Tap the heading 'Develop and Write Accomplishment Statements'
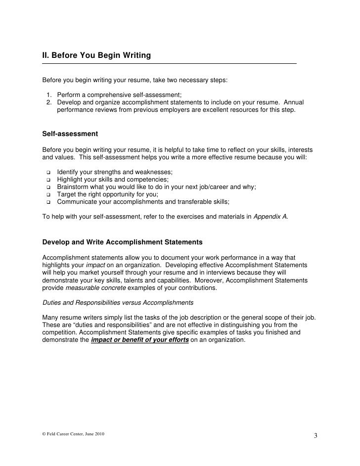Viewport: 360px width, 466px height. (x=122, y=242)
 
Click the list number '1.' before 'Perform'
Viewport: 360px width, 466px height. (x=50, y=95)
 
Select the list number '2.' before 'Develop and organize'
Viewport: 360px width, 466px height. (x=50, y=102)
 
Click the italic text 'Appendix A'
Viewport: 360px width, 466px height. (x=270, y=217)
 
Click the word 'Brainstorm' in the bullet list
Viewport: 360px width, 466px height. (x=74, y=187)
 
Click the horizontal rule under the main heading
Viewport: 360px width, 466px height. (x=169, y=64)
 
